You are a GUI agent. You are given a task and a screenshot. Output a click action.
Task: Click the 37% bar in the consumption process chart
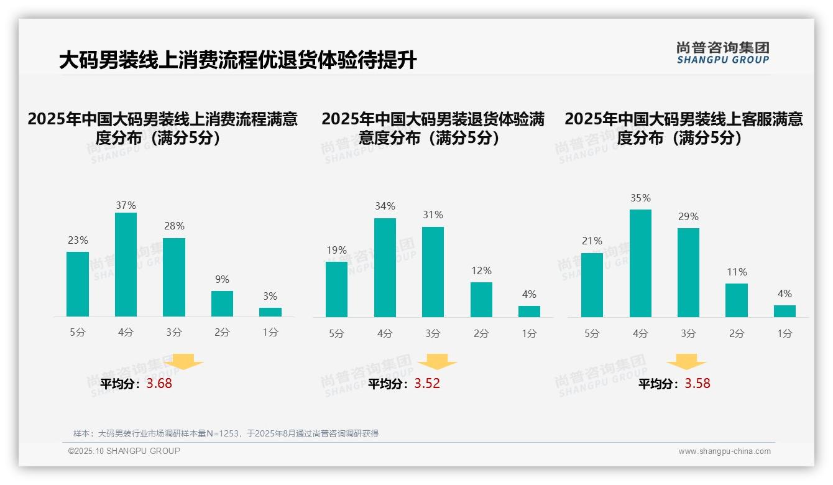126,264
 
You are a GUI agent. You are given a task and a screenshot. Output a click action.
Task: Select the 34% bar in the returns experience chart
385,267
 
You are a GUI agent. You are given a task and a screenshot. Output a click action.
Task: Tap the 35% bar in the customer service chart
640,263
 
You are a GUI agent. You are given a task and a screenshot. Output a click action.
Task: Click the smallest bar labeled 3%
270,312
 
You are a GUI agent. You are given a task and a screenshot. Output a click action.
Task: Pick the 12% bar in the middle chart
481,300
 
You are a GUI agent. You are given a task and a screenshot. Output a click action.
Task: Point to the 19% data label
336,251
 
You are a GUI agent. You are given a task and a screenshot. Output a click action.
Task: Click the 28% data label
174,226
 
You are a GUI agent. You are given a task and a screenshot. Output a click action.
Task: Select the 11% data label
737,272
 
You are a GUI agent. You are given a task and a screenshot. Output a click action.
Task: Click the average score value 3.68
159,384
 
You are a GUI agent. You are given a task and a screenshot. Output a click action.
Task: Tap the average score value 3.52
427,384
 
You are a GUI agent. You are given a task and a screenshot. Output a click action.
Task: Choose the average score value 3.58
697,384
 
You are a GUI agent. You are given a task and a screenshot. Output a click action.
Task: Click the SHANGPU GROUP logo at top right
722,53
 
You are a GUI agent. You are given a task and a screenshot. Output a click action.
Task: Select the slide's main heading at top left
237,60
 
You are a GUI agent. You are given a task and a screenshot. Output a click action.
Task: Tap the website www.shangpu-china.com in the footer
724,451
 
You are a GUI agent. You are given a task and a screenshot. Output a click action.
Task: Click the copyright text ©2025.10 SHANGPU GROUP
124,451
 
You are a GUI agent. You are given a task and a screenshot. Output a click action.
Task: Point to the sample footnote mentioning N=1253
226,433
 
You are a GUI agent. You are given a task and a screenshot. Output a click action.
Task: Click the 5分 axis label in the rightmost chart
592,333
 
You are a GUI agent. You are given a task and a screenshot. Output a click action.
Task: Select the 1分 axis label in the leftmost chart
270,332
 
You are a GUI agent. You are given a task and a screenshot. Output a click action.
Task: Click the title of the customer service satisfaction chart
684,128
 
